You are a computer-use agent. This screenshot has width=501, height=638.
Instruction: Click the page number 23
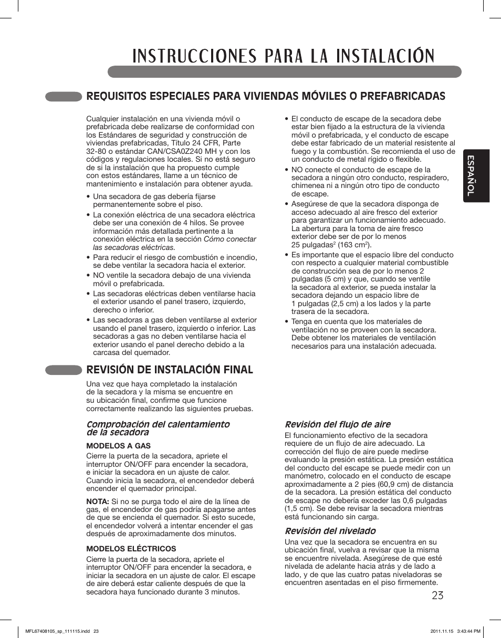435,595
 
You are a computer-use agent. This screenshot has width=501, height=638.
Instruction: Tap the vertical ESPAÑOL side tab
476,176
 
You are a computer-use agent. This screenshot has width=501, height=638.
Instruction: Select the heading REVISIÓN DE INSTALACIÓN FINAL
170,370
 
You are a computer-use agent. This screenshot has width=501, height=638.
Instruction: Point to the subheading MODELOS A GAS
118,445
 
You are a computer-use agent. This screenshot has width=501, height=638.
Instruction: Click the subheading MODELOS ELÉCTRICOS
131,549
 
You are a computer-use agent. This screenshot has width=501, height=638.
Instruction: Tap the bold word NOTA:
98,501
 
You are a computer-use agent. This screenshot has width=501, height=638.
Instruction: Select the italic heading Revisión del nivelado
330,531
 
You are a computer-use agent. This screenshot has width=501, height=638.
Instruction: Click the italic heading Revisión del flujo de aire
337,424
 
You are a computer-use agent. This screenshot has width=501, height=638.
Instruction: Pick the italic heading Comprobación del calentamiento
158,424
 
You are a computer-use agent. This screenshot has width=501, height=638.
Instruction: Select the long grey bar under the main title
284,72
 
